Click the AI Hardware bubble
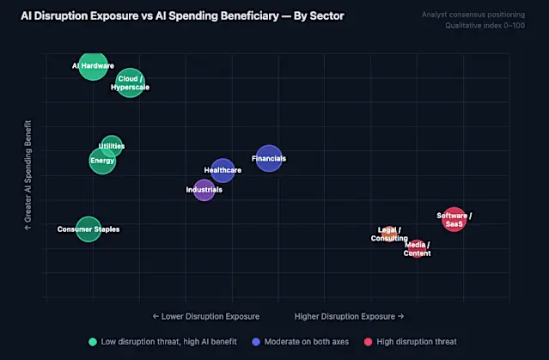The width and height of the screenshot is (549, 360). pos(93,64)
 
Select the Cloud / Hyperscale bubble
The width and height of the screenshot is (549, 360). pos(130,82)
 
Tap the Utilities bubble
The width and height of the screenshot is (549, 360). pos(112,146)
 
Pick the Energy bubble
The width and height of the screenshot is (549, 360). pos(102,161)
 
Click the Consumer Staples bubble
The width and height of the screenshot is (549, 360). pos(88,229)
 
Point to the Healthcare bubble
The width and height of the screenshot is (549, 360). pos(223,170)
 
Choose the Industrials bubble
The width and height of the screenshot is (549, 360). pos(204,189)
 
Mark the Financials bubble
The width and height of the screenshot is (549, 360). pos(269,158)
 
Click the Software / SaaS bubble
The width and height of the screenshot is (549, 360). pos(454,219)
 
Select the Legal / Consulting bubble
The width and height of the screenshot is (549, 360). pos(389,234)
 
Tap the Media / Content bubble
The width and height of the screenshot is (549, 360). pos(418,249)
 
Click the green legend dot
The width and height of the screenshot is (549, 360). pos(93,341)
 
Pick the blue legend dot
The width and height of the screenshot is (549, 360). pos(256,341)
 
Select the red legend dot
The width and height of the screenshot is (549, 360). pos(369,341)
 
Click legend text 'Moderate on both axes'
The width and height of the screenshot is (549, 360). pos(306,341)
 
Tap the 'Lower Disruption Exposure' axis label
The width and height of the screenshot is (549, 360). pos(205,316)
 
